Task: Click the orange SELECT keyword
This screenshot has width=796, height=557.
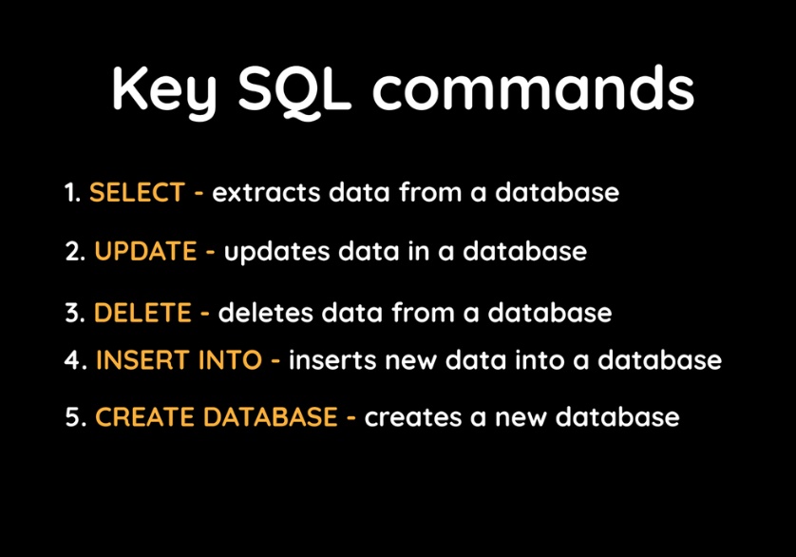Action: [137, 193]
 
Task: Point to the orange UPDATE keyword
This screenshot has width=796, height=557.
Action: [144, 252]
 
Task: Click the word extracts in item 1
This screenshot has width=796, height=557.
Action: [266, 193]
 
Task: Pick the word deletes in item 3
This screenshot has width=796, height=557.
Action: [265, 312]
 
